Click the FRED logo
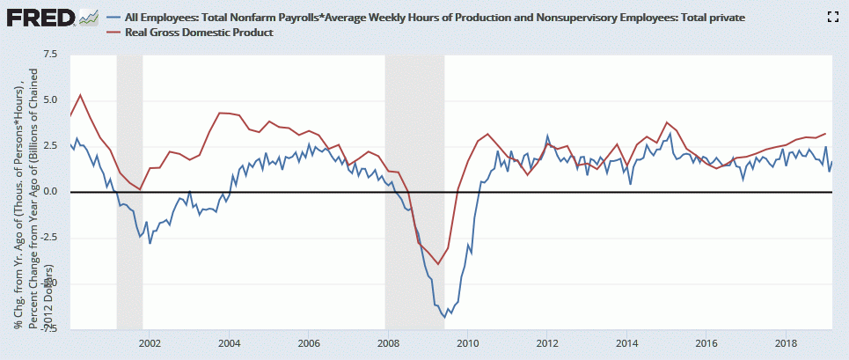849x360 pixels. [x=40, y=17]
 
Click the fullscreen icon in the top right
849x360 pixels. [x=831, y=16]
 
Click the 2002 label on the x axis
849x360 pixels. [x=149, y=342]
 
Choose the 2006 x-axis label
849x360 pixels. [x=308, y=342]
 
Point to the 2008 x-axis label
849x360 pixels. [x=387, y=342]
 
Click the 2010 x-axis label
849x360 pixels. [x=467, y=342]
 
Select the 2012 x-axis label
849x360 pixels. [x=547, y=342]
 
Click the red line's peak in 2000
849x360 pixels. [x=80, y=95]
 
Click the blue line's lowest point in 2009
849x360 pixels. [x=447, y=315]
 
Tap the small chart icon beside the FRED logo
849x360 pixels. [x=88, y=17]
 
